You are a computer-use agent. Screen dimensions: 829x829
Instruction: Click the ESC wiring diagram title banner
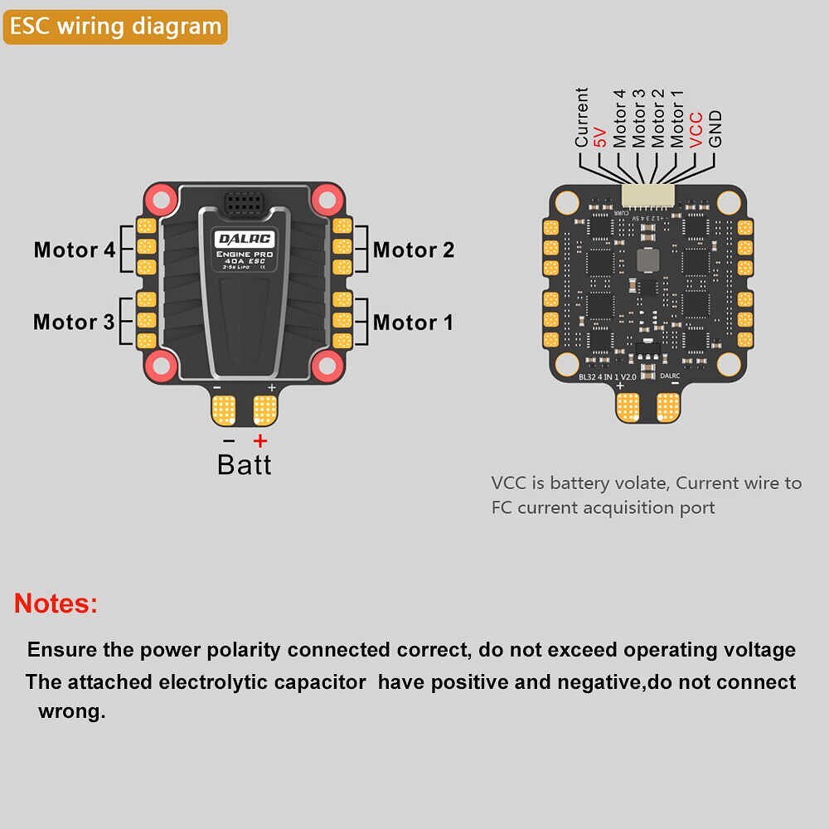[x=115, y=26]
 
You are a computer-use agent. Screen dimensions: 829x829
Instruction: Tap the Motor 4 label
[x=75, y=250]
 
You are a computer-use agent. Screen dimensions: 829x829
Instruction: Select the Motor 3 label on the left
[x=74, y=322]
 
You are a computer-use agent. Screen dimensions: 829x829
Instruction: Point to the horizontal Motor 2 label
[x=414, y=250]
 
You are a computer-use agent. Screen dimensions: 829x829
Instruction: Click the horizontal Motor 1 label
[x=413, y=322]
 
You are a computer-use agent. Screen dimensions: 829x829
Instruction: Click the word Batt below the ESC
[x=244, y=464]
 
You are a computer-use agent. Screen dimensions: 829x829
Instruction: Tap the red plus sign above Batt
[x=260, y=440]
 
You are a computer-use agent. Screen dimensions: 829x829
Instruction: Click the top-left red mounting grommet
[x=158, y=198]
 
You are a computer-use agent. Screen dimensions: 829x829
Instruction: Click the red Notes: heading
[x=56, y=603]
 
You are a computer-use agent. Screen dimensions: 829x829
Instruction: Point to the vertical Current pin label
[x=582, y=118]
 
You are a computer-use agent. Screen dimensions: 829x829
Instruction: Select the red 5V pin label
[x=601, y=135]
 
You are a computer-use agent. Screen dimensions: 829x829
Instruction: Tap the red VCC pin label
[x=696, y=130]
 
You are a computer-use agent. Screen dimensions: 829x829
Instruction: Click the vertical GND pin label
[x=715, y=129]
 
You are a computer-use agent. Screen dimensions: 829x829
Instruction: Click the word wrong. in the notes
[x=72, y=711]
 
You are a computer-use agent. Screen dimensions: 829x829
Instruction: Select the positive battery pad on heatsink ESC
[x=264, y=408]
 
